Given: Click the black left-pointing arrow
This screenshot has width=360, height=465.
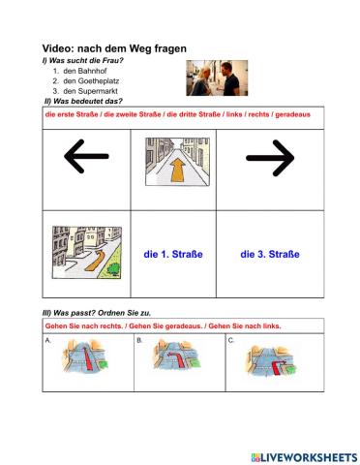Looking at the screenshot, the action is tap(86, 156).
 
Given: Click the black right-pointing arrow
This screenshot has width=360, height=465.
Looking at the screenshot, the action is tap(270, 158).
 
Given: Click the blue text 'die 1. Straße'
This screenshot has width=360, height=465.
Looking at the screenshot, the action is tap(173, 254).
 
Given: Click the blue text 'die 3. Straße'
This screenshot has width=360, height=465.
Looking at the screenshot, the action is tap(270, 254).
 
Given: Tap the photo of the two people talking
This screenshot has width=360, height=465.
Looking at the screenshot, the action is tap(217, 77).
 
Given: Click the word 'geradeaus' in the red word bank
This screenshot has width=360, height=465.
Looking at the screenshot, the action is tap(292, 114).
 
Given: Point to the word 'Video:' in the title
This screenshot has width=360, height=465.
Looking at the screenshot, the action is tap(58, 48).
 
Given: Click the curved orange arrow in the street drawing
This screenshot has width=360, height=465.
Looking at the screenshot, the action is tap(96, 261).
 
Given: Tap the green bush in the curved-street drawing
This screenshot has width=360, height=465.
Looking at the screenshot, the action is tap(113, 269).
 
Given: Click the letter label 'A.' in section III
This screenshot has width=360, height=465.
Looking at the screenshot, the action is tap(48, 340).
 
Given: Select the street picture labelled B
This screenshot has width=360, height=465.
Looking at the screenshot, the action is tap(177, 356).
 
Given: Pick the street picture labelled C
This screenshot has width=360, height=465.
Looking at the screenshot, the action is tap(271, 361).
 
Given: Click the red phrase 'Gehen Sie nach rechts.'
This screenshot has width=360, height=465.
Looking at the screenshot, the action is tap(84, 326).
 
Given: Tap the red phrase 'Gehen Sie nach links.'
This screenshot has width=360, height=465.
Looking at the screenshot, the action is tap(245, 326).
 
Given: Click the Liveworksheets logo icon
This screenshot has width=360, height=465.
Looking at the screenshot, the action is tap(255, 457).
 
